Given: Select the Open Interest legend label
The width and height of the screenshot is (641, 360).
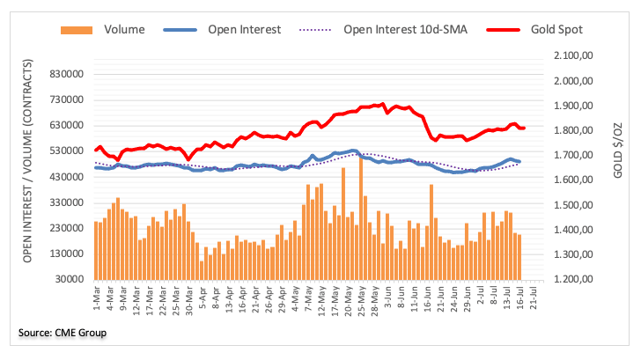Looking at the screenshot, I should pos(245,29).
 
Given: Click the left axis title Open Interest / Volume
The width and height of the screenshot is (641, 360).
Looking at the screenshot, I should pos(30,167).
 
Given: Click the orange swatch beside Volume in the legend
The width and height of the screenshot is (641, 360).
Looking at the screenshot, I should pos(77,29).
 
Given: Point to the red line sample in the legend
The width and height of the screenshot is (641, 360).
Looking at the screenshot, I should pos(501,29).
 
